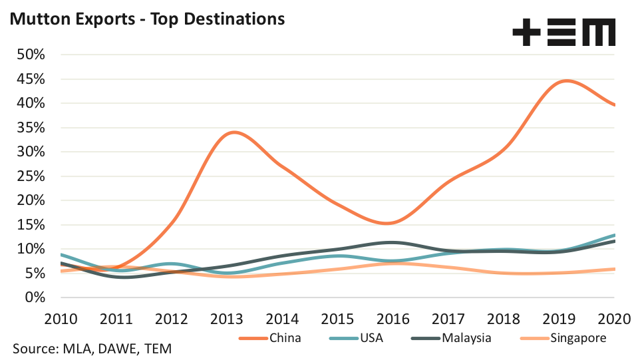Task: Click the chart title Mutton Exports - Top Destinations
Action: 147,18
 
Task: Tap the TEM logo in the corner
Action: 563,32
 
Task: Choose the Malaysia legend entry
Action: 466,338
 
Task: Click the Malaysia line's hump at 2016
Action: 393,242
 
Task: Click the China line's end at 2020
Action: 614,105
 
